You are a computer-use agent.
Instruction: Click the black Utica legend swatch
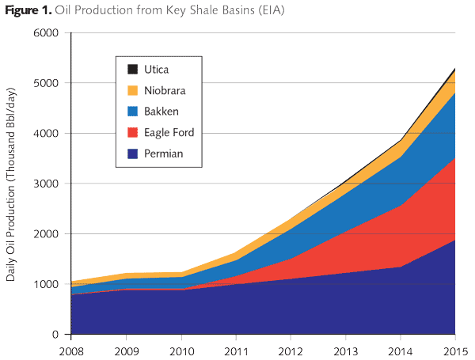[x=133, y=70]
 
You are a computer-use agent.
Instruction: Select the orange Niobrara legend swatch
[x=133, y=90]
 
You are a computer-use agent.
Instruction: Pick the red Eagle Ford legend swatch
[x=133, y=132]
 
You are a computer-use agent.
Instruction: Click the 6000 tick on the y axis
[x=47, y=32]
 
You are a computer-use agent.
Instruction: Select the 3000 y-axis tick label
[x=47, y=184]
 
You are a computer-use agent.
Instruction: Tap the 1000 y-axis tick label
[x=47, y=284]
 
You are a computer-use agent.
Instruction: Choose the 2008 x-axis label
[x=72, y=349]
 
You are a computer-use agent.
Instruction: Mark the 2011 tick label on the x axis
[x=236, y=349]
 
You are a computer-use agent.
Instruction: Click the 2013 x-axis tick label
[x=345, y=349]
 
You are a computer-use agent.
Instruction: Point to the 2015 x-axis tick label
[x=454, y=349]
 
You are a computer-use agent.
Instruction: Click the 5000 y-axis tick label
[x=47, y=83]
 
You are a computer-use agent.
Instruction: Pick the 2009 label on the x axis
[x=127, y=349]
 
